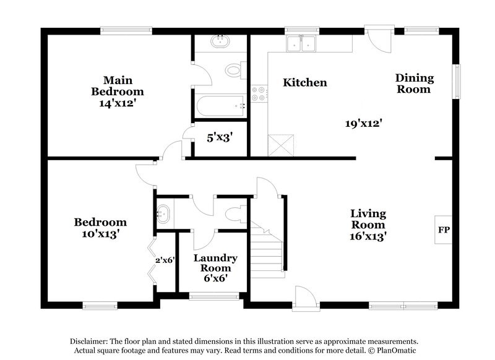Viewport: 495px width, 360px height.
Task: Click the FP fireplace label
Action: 444,230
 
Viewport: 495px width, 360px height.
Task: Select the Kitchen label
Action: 304,82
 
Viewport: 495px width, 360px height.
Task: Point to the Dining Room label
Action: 415,84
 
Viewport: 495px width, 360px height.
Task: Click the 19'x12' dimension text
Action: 363,123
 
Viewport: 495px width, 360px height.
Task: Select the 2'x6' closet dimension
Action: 166,260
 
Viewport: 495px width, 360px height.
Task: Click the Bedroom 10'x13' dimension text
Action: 100,234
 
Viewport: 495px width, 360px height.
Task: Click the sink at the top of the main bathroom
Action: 219,42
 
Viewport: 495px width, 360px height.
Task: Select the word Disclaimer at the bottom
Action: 88,341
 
